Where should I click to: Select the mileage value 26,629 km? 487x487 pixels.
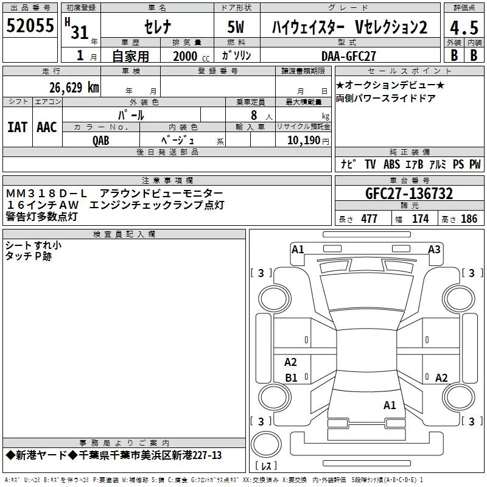coord(73,87)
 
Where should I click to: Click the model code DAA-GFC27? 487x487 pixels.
coord(349,55)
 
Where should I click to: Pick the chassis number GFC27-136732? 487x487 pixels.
coord(409,194)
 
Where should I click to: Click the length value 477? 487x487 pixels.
coord(370,219)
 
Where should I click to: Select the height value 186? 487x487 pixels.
coord(469,219)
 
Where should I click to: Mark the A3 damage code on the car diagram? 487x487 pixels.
coord(434,249)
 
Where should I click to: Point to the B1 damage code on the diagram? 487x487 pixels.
coord(292,378)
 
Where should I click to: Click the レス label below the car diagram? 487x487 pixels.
coord(267,466)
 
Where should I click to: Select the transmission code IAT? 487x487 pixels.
coord(17,127)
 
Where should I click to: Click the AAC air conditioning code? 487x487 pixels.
coord(46,127)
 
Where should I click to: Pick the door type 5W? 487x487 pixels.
coord(236,28)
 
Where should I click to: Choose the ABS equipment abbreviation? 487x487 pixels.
coord(392,164)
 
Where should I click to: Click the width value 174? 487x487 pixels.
coord(420,219)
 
